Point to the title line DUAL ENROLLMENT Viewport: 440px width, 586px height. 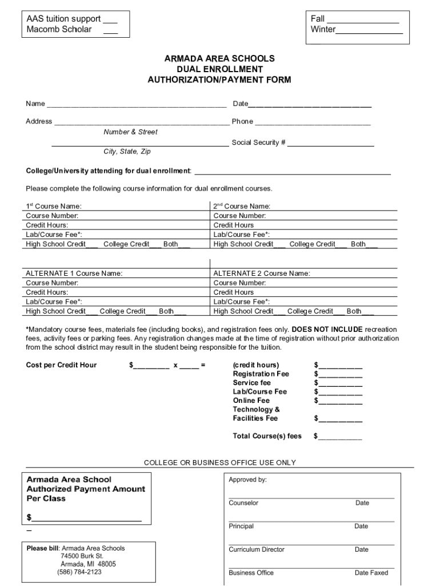219,69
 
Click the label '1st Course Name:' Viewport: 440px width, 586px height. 54,206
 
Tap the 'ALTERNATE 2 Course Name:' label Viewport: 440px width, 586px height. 262,274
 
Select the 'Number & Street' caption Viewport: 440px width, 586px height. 130,132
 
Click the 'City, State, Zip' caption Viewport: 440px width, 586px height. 127,152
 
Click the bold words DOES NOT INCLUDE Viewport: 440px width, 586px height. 327,330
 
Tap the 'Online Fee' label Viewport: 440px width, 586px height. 251,401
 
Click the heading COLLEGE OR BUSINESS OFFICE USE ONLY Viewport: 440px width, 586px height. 219,462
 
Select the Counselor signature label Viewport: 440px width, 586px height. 243,503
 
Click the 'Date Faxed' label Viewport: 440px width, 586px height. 371,573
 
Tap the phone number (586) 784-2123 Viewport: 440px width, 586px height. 79,572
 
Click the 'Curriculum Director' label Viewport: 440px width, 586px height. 257,549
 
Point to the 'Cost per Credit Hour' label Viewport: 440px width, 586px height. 61,365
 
